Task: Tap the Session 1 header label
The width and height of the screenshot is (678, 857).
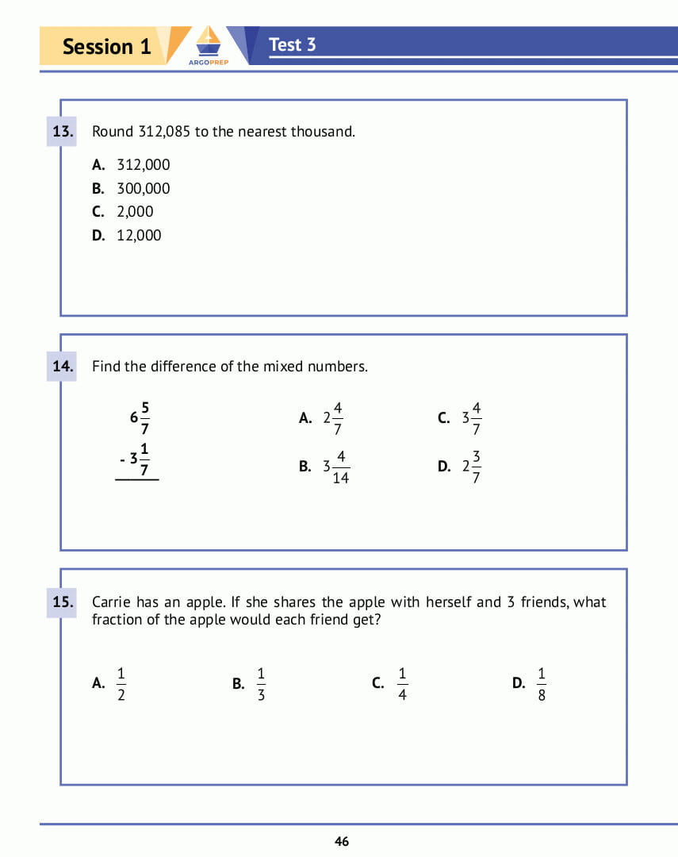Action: tap(106, 46)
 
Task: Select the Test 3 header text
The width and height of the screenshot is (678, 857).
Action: tap(292, 44)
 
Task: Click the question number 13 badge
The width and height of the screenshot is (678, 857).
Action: tap(63, 132)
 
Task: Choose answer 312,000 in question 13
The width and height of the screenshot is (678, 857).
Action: tap(143, 165)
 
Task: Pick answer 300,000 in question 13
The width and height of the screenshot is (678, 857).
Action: tap(143, 189)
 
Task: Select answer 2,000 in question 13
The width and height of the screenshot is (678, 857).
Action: tap(135, 212)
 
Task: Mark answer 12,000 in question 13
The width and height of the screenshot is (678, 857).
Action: tap(139, 236)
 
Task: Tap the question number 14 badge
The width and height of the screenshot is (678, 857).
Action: tap(63, 367)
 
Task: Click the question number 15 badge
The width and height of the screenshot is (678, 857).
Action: tap(63, 602)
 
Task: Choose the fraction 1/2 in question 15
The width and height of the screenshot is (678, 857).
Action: tap(121, 684)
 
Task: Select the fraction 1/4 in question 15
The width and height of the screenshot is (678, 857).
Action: tap(402, 684)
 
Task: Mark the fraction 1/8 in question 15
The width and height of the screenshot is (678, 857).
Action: tap(542, 684)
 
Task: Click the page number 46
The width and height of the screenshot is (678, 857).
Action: tap(342, 842)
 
